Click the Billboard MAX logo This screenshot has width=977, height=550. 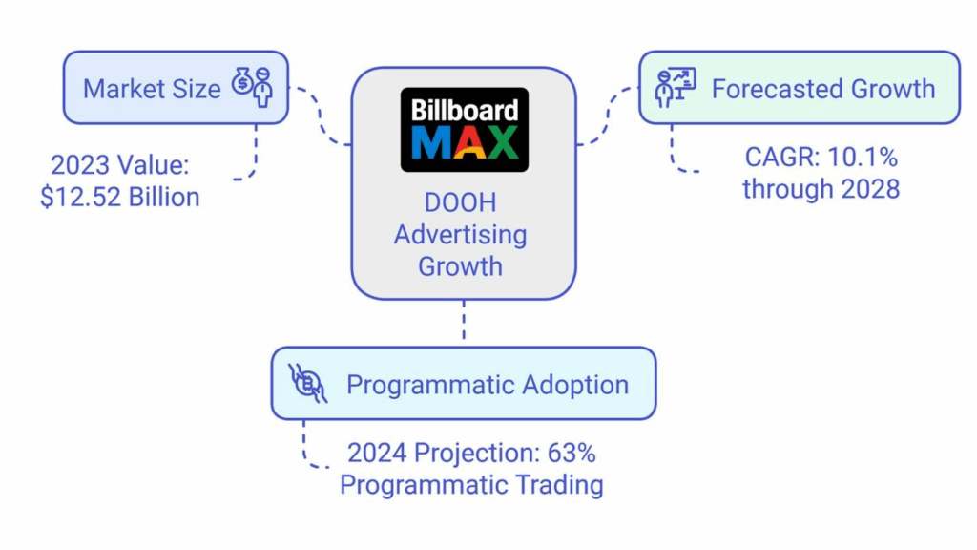(x=465, y=130)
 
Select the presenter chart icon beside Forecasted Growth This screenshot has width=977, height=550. (x=675, y=87)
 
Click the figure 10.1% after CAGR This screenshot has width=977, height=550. (x=863, y=158)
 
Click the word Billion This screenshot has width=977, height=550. (x=164, y=198)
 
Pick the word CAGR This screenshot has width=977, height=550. (x=782, y=158)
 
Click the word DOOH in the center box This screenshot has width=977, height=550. (x=461, y=202)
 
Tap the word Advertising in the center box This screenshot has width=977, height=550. (x=461, y=235)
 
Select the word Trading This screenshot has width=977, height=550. (x=561, y=485)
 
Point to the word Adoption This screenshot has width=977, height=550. (x=575, y=385)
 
